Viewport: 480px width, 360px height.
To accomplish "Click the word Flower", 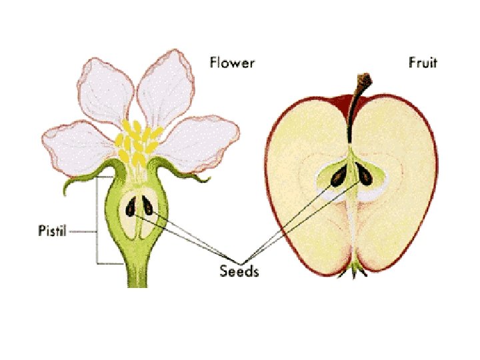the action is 232,64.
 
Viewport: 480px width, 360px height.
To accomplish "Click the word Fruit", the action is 423,64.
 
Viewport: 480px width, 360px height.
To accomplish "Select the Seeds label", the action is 239,271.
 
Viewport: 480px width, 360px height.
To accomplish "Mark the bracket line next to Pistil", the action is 97,220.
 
